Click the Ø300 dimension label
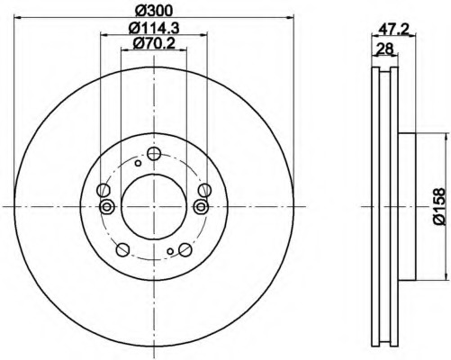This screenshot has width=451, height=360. tap(154, 11)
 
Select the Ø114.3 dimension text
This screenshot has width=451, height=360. tap(154, 28)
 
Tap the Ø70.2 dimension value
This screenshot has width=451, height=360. tap(154, 44)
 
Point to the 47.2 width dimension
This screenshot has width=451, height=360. tap(393, 29)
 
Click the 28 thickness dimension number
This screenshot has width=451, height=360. tap(385, 49)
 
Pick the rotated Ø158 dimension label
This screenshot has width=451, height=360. tap(438, 206)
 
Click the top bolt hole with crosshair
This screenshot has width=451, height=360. tap(154, 154)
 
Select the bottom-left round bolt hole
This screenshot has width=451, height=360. tap(122, 249)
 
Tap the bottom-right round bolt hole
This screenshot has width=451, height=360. tap(185, 249)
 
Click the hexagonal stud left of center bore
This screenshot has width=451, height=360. tap(106, 206)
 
